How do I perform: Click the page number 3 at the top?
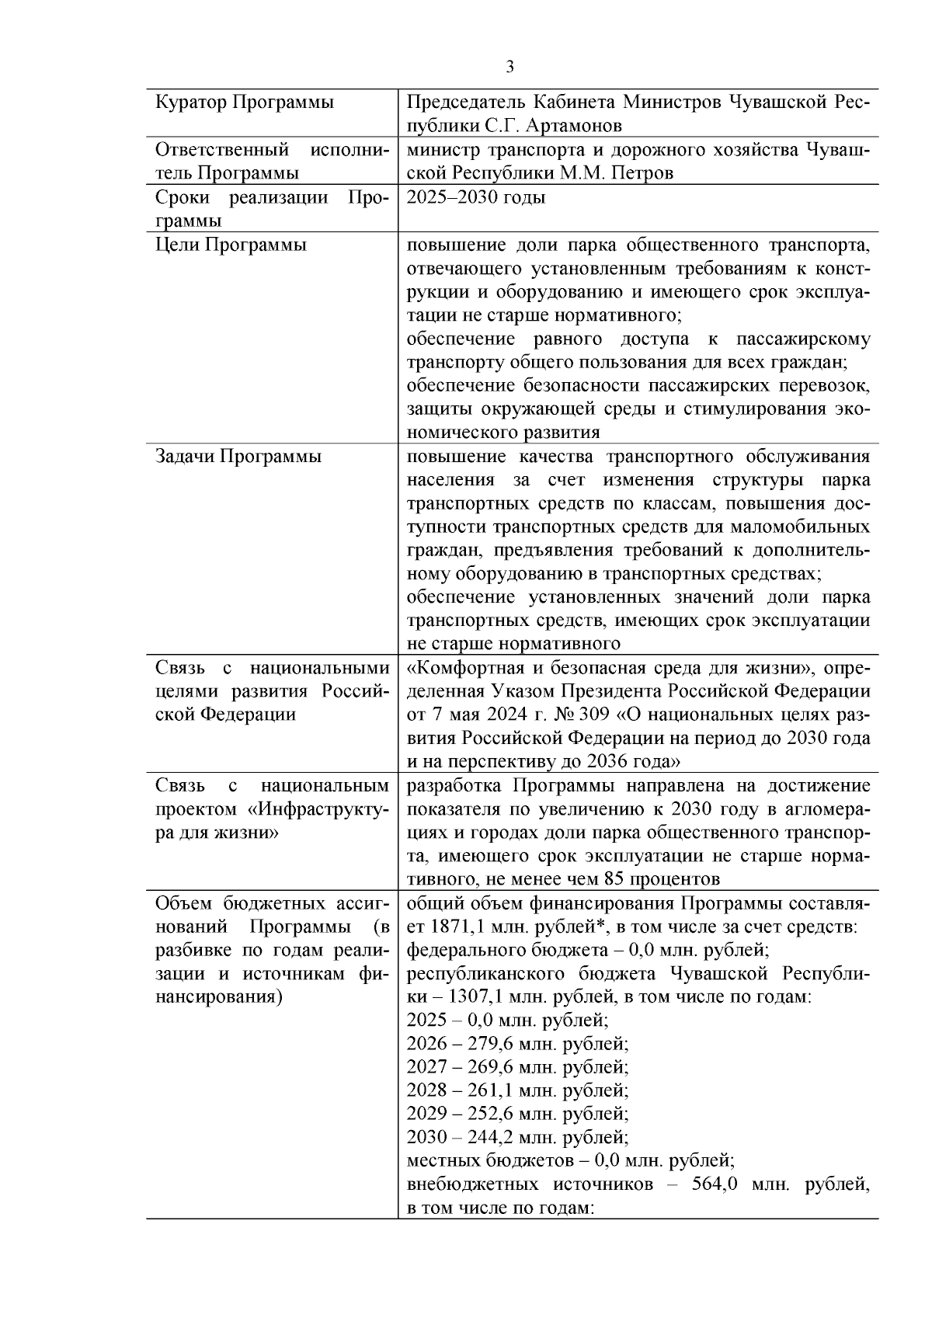[509, 68]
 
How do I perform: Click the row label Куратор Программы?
[245, 103]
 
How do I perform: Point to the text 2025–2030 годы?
[476, 197]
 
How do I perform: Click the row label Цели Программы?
[231, 245]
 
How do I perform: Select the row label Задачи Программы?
[238, 457]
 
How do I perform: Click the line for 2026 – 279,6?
[517, 1044]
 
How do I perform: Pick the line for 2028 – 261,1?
[517, 1090]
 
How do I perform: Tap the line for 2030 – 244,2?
[517, 1138]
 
